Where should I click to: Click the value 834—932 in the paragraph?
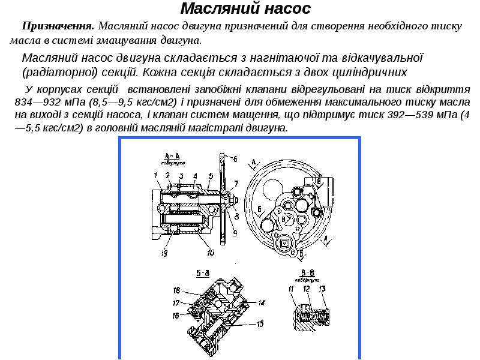(x=38, y=102)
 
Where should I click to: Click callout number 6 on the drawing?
(x=235, y=159)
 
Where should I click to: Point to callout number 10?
(x=210, y=253)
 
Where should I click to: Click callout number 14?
(x=261, y=302)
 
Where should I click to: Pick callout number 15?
(x=260, y=324)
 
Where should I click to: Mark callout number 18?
(x=177, y=289)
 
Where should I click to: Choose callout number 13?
(x=322, y=290)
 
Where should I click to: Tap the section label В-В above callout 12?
(x=308, y=273)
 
